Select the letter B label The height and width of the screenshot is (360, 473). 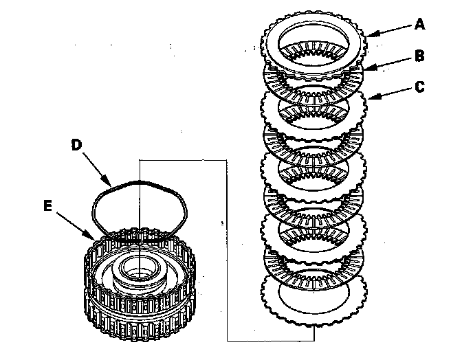click(420, 55)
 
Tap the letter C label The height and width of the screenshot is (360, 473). click(420, 87)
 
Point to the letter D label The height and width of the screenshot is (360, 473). click(77, 145)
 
